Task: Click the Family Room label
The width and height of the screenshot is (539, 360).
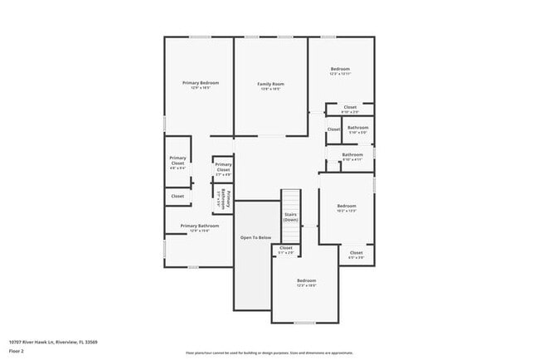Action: coord(270,85)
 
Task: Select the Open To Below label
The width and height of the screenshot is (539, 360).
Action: coord(255,238)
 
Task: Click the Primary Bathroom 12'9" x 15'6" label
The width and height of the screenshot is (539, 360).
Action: coord(199,227)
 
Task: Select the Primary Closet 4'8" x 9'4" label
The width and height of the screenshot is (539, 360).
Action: coord(177,162)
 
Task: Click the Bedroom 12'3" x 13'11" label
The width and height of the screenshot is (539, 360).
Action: coord(340,71)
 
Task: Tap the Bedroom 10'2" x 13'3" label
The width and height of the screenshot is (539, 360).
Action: coord(347,207)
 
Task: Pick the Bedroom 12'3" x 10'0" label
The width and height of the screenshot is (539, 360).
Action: coord(307,282)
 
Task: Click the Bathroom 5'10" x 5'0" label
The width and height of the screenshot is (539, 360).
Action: coord(357,129)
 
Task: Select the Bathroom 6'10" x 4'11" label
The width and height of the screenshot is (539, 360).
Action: coord(352,156)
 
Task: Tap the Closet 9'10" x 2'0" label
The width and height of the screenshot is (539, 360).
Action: coord(350,108)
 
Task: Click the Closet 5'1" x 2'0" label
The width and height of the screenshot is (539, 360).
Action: coord(286,249)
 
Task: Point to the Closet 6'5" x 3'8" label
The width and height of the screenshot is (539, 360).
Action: coord(356,254)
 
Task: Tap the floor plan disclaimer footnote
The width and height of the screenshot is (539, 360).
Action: coord(269,353)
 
